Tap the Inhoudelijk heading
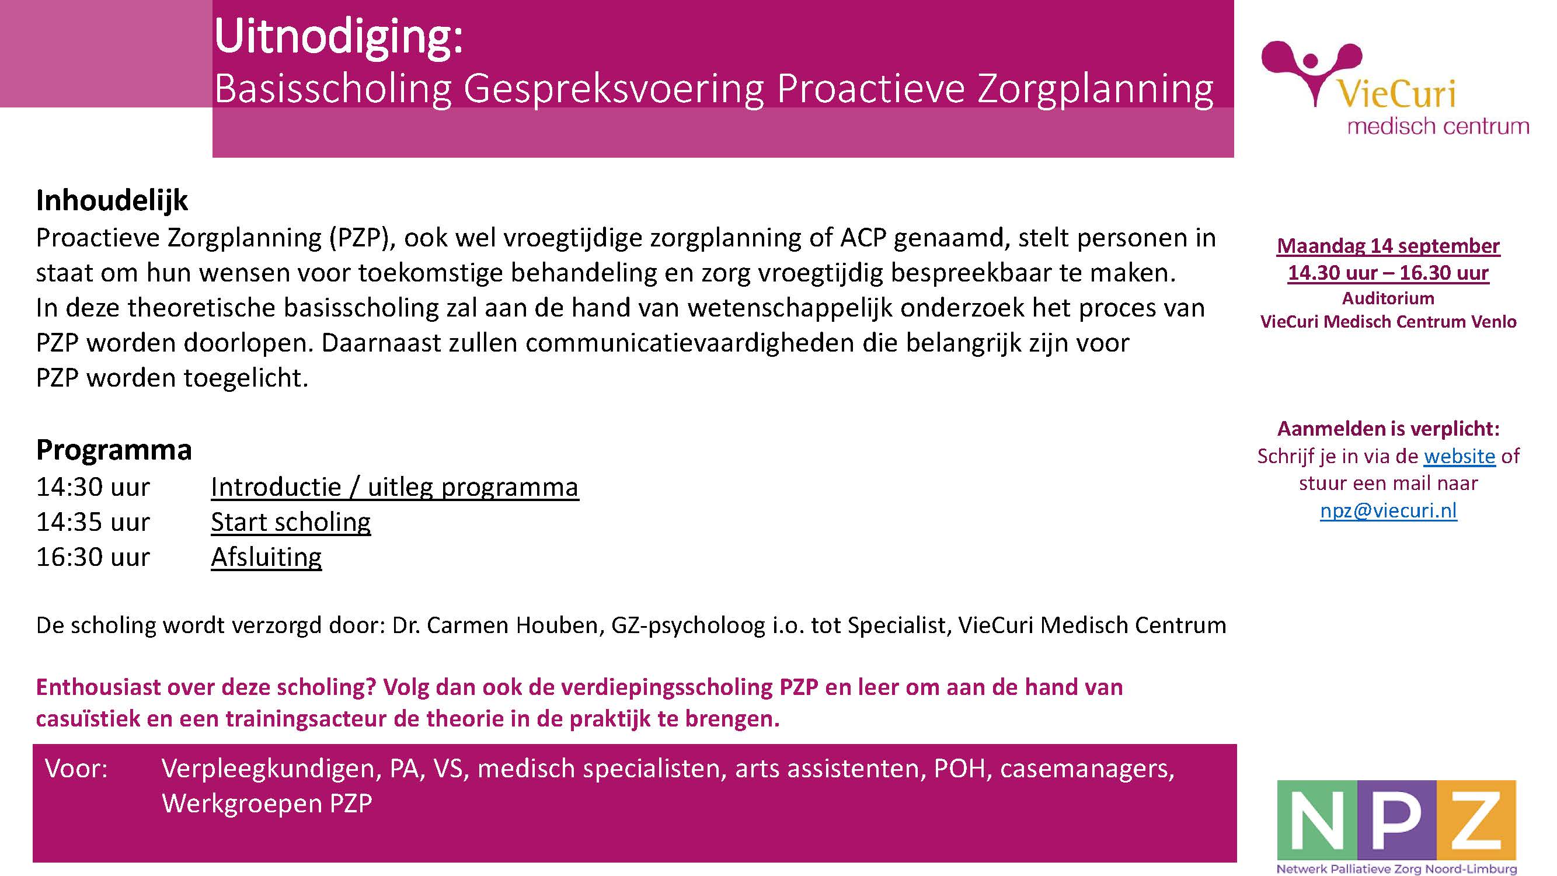(x=112, y=200)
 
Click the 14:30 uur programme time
(x=93, y=486)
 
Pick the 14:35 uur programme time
(x=93, y=522)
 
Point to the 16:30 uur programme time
(x=93, y=557)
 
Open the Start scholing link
(x=291, y=522)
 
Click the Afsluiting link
(x=266, y=557)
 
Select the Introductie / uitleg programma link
(x=395, y=487)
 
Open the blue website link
(x=1459, y=456)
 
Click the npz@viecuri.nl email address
(x=1388, y=511)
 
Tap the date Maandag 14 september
(x=1388, y=246)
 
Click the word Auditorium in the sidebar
(x=1388, y=298)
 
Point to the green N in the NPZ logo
(x=1317, y=820)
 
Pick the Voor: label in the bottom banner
(x=76, y=769)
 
